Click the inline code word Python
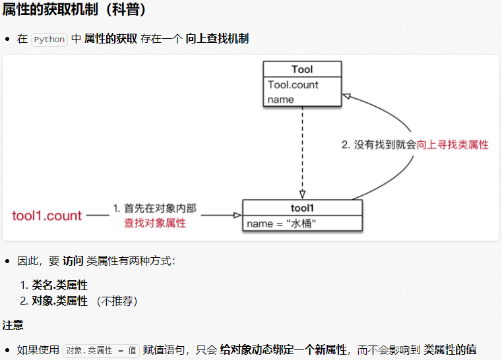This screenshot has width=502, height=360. (x=49, y=39)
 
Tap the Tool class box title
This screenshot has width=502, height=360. (x=302, y=69)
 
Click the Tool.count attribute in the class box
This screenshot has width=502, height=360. (x=293, y=84)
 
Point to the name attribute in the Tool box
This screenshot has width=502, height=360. (x=280, y=100)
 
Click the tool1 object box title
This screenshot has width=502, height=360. (x=302, y=208)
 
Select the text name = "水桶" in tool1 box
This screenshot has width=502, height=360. (x=282, y=224)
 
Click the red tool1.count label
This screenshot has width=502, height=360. (x=47, y=216)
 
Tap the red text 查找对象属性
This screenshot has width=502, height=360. (x=155, y=223)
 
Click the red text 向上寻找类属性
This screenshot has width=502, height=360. (x=453, y=144)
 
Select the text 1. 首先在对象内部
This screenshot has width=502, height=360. (x=155, y=208)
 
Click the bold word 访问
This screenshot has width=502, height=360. (x=73, y=261)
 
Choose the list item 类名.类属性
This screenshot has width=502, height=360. (x=60, y=285)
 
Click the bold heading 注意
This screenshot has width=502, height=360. (x=13, y=325)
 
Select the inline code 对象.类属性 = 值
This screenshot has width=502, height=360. (x=102, y=350)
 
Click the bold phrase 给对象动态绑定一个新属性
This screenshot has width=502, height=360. (x=284, y=349)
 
